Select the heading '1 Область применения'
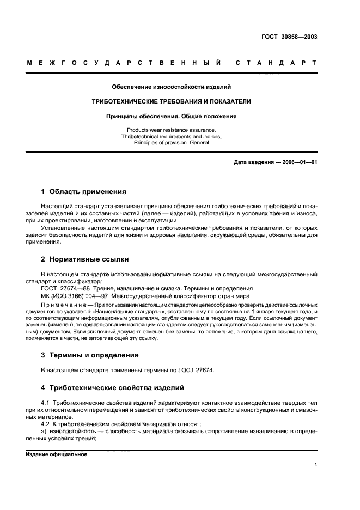coord(84,192)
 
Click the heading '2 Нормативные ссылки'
coord(85,259)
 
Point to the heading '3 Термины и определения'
coord(90,355)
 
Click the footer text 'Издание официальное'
coord(57,454)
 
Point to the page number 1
coord(315,465)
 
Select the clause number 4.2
coord(45,423)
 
